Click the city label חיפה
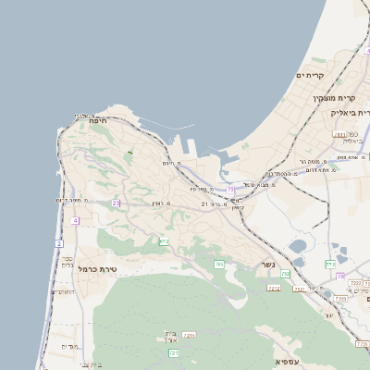click(x=99, y=120)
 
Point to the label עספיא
click(x=287, y=358)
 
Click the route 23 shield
click(x=116, y=203)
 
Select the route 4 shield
click(x=75, y=220)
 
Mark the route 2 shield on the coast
click(x=59, y=243)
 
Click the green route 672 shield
click(x=164, y=241)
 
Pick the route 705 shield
click(x=219, y=265)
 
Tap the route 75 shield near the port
click(x=230, y=189)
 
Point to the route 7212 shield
click(x=189, y=335)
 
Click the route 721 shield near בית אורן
click(x=173, y=352)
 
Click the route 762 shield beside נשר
click(x=286, y=274)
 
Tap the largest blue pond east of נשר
click(x=299, y=247)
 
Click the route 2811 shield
click(x=339, y=135)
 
